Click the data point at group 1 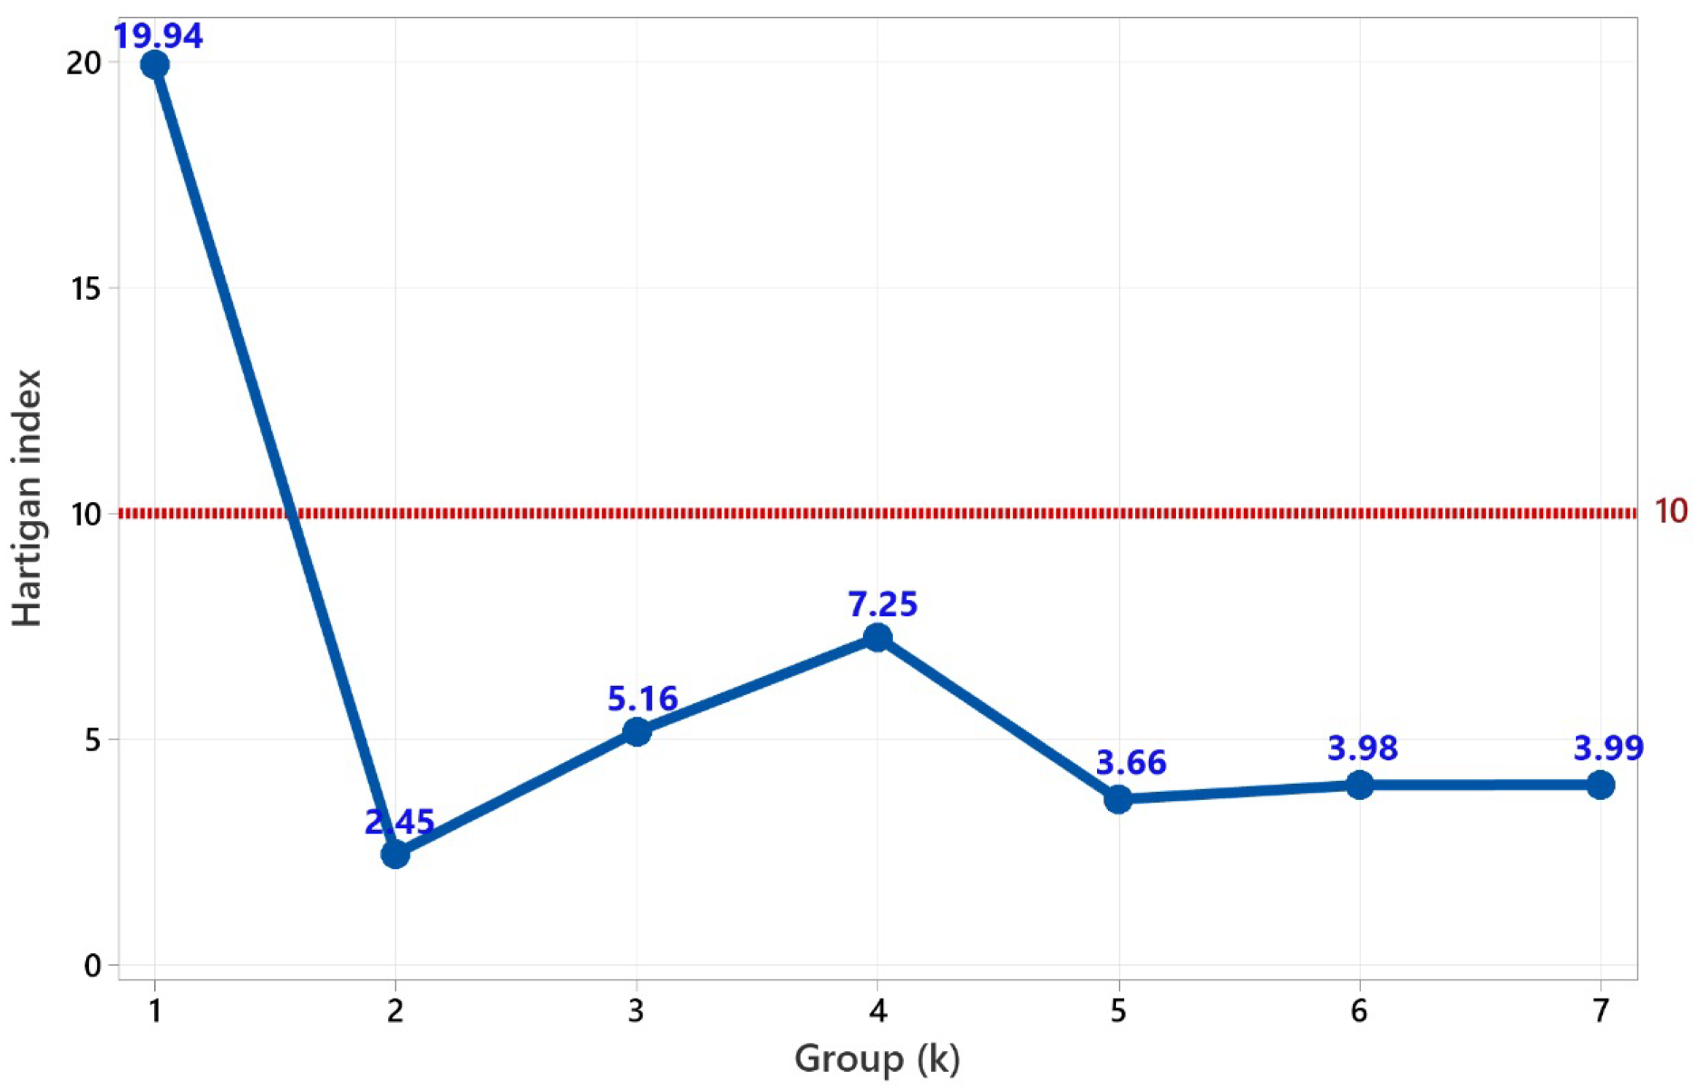coord(155,65)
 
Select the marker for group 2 coord(395,854)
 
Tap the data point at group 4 coord(878,638)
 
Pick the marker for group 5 coord(1119,799)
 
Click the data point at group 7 coord(1601,785)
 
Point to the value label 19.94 coord(158,37)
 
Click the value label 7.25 coord(883,604)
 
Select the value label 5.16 coord(643,699)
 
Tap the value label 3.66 coord(1131,763)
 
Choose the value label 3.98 coord(1363,748)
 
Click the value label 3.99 coord(1608,748)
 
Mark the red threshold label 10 coord(1671,512)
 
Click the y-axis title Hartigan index coord(28,497)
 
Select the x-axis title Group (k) coord(877,1058)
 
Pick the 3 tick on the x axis coord(636,1010)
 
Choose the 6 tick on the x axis coord(1359,1010)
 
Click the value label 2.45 coord(400,822)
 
